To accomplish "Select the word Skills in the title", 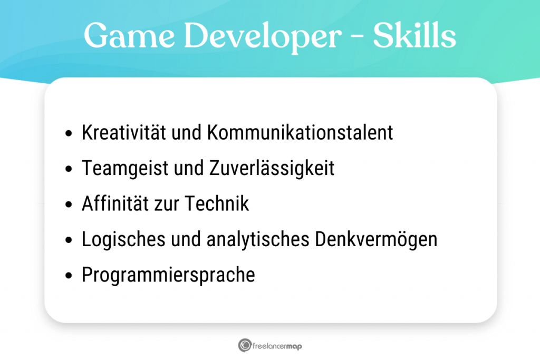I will point(414,36).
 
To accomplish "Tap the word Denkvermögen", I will point(376,240).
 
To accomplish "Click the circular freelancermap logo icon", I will point(244,346).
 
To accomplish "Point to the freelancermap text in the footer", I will point(277,346).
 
